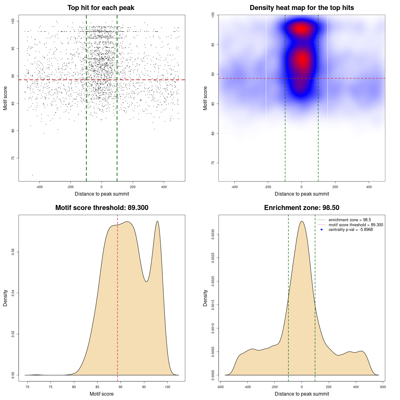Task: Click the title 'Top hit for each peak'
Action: click(x=101, y=8)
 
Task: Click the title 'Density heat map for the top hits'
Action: click(x=302, y=8)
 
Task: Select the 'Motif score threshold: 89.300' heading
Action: click(x=102, y=208)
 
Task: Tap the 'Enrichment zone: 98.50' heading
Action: click(x=302, y=208)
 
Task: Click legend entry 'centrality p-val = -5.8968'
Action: click(x=351, y=230)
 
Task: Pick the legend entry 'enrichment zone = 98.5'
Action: click(x=350, y=220)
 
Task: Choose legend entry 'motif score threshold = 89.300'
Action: click(x=356, y=225)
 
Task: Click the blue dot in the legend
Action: click(x=322, y=230)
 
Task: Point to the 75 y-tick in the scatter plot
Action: click(x=13, y=158)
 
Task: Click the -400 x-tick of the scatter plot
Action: click(x=39, y=187)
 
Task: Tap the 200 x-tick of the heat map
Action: click(x=335, y=187)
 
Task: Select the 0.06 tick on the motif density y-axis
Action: click(x=13, y=252)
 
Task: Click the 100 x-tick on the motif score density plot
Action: click(x=167, y=387)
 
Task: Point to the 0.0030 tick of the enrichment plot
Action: click(x=213, y=234)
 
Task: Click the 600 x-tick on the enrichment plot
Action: click(x=383, y=387)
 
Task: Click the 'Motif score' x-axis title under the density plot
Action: click(x=102, y=394)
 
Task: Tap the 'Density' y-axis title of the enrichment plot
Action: click(x=205, y=298)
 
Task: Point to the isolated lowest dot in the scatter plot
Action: click(x=32, y=175)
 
